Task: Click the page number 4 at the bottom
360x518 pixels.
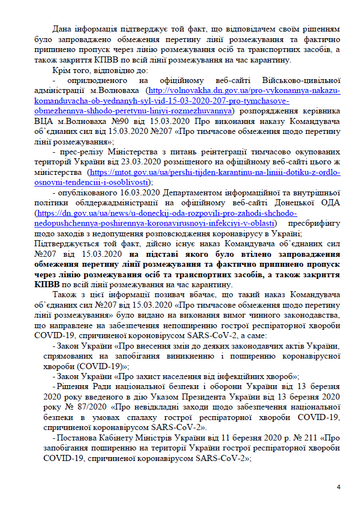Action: pyautogui.click(x=338, y=486)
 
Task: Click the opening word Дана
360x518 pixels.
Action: pyautogui.click(x=63, y=28)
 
